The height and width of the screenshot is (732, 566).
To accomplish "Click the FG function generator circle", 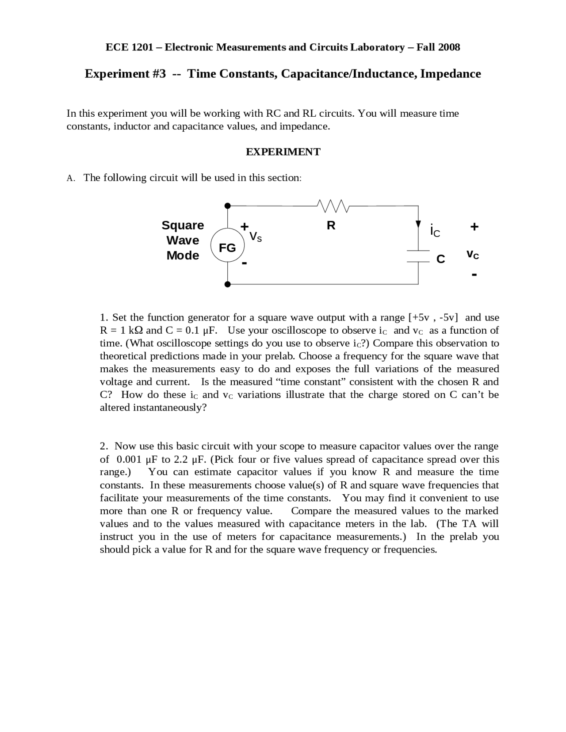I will [227, 248].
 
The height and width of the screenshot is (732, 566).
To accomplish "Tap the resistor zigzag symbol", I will [333, 206].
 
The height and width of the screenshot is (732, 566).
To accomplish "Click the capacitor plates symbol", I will [418, 256].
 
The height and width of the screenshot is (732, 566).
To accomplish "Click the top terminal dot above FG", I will [227, 206].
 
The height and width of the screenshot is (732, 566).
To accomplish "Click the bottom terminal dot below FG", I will [227, 284].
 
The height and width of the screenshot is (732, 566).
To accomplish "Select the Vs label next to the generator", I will [256, 236].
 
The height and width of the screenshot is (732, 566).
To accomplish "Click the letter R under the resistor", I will [331, 225].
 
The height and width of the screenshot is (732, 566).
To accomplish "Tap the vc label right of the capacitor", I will [473, 255].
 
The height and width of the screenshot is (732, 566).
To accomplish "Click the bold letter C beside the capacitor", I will [440, 259].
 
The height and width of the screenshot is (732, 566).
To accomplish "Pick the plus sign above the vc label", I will [474, 227].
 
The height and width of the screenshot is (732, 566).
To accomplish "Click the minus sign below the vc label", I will [474, 275].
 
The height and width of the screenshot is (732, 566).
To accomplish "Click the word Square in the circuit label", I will [183, 225].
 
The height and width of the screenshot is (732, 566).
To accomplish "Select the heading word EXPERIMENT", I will [283, 152].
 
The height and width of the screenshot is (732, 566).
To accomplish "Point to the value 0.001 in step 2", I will [129, 459].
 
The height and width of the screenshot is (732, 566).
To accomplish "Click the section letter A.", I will [70, 178].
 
